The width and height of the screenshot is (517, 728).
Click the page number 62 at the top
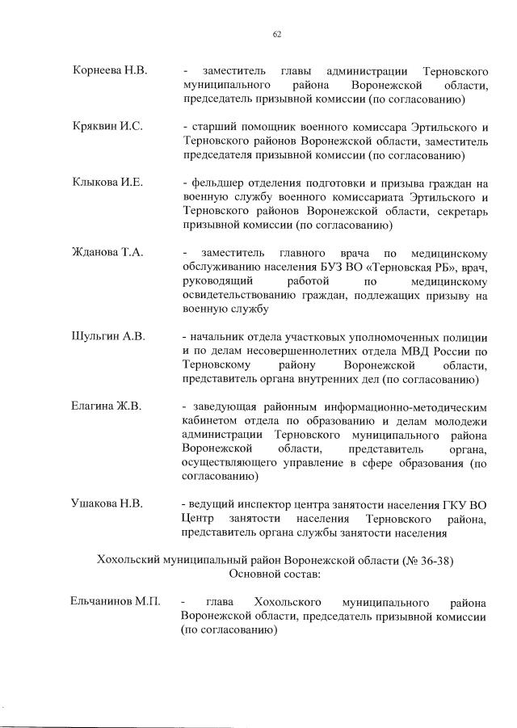[276, 34]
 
